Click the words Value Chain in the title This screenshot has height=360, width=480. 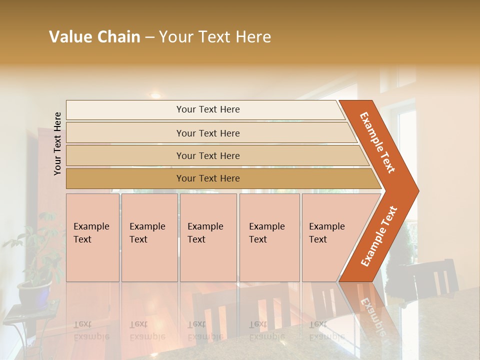94,37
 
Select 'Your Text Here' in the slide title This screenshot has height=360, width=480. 215,37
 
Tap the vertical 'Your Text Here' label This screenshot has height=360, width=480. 57,143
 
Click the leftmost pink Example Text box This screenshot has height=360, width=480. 92,237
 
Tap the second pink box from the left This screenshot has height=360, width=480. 149,237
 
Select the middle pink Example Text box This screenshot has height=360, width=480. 208,237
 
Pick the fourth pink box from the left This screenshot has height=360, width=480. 269,237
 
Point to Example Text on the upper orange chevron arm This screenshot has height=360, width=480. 377,142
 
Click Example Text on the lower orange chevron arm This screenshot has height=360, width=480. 378,236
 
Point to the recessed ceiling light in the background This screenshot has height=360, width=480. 155,95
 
